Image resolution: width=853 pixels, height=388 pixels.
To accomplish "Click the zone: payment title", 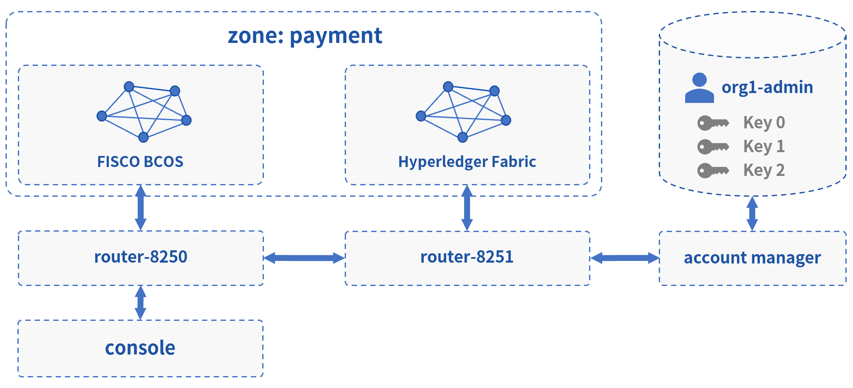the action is pyautogui.click(x=305, y=36).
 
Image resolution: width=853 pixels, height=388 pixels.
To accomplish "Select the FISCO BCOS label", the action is pyautogui.click(x=140, y=161).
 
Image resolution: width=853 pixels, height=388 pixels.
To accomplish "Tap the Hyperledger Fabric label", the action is pyautogui.click(x=467, y=162).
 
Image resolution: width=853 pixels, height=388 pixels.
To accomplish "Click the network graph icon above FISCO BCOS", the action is pyautogui.click(x=144, y=112).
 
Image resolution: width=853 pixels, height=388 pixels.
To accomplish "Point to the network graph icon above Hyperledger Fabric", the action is pyautogui.click(x=463, y=112).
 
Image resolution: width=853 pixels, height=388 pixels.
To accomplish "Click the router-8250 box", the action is pyautogui.click(x=141, y=258).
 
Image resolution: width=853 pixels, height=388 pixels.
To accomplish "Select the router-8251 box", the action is pyautogui.click(x=467, y=258).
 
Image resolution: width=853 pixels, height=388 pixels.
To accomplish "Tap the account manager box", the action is pyautogui.click(x=752, y=258).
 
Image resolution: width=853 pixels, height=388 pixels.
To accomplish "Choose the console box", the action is pyautogui.click(x=140, y=348).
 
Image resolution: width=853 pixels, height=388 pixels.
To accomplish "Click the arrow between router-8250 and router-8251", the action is pyautogui.click(x=304, y=258).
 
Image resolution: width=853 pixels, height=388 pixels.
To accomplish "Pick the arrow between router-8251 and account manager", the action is pyautogui.click(x=625, y=258).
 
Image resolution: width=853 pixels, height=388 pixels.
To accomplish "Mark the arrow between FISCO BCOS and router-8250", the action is pyautogui.click(x=141, y=208).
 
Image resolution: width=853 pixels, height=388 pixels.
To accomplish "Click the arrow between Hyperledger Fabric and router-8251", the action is pyautogui.click(x=467, y=208).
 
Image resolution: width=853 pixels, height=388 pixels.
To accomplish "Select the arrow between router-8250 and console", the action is pyautogui.click(x=141, y=303).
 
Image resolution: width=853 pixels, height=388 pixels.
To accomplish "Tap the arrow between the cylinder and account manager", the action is pyautogui.click(x=752, y=213).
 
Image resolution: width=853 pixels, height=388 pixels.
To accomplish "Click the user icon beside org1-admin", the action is pyautogui.click(x=700, y=88).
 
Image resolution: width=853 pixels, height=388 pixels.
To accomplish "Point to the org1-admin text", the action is pyautogui.click(x=767, y=88).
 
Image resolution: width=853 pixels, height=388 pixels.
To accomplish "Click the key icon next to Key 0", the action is pyautogui.click(x=713, y=123).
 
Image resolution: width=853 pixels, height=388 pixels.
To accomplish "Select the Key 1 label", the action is pyautogui.click(x=764, y=146).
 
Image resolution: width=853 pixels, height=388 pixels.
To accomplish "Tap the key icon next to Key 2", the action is pyautogui.click(x=713, y=171).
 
